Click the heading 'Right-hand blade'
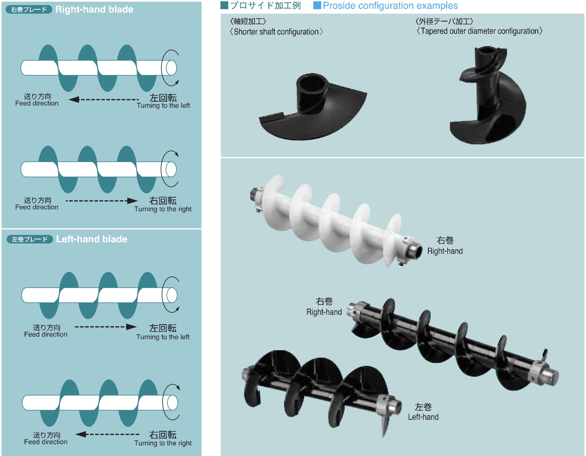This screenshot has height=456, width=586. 94,9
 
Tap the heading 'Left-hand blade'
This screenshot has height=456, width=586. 92,239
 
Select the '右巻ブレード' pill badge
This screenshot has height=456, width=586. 29,9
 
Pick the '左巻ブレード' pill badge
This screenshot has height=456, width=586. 30,239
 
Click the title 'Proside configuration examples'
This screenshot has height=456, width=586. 390,6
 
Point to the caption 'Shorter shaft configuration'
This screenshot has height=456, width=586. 276,32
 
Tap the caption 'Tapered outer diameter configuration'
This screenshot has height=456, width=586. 480,31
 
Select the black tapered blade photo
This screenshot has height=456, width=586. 488,95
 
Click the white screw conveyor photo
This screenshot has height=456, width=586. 336,221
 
